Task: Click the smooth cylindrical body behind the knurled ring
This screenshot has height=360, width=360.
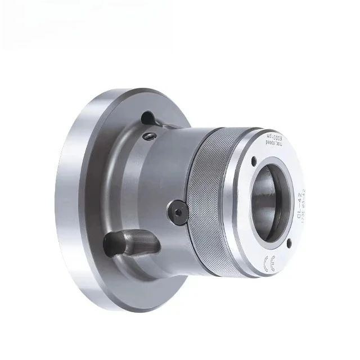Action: pos(163,174)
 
